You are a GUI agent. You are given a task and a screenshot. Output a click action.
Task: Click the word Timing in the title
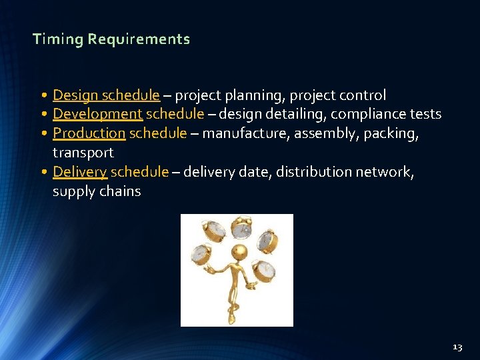(58, 39)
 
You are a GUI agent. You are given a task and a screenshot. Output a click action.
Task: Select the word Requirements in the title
(139, 39)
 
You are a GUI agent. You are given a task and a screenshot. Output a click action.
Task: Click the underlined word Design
(75, 95)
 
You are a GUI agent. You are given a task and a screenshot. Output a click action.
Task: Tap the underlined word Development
(97, 114)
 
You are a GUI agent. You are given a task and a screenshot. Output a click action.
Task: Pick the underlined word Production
(89, 133)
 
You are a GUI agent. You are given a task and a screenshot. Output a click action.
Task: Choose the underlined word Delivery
(79, 172)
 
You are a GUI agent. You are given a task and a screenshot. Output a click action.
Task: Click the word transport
(83, 153)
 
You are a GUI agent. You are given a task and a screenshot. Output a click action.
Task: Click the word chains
(120, 191)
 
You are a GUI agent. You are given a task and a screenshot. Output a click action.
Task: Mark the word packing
(395, 133)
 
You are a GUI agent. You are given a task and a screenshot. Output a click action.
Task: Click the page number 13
(457, 347)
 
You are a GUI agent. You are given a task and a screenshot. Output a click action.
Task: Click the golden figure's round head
(238, 251)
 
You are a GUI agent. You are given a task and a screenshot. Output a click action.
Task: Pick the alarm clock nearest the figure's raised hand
(200, 253)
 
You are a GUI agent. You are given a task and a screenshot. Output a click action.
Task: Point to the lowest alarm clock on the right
(266, 269)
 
